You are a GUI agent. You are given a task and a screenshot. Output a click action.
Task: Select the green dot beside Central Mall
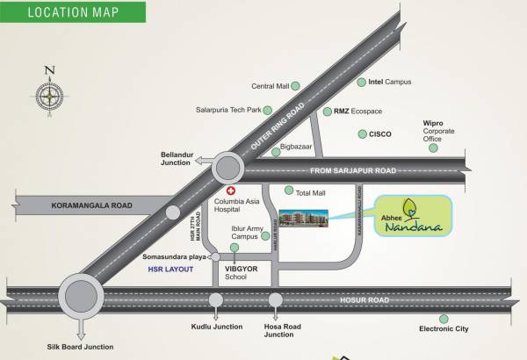pyautogui.click(x=297, y=85)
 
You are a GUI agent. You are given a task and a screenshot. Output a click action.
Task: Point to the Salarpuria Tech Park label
pyautogui.click(x=229, y=110)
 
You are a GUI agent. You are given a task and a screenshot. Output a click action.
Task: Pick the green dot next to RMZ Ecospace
pyautogui.click(x=326, y=112)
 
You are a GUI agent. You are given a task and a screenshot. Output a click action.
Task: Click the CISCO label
pyautogui.click(x=379, y=134)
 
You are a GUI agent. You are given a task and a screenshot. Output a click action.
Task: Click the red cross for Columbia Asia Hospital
pyautogui.click(x=231, y=191)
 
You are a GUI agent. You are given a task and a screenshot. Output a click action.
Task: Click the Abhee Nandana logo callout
pyautogui.click(x=414, y=217)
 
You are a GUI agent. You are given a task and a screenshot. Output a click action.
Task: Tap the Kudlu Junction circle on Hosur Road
pyautogui.click(x=216, y=300)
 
